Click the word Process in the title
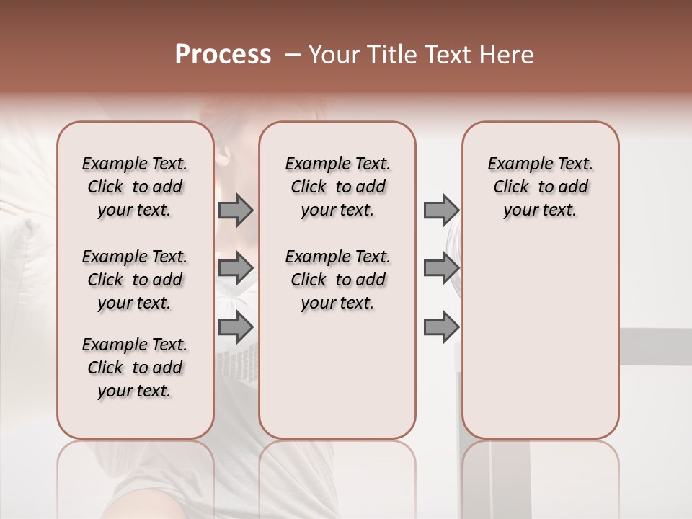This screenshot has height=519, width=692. [223, 54]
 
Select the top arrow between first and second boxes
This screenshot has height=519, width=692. [236, 210]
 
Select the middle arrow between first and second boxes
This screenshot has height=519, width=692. [236, 268]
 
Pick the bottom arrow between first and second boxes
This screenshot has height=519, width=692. [236, 327]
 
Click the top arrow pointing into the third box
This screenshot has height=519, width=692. [441, 210]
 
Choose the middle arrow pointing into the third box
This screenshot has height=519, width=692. [441, 268]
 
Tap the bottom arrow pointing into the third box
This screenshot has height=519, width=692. [441, 327]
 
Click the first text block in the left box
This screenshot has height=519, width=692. [135, 187]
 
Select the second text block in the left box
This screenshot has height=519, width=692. [135, 280]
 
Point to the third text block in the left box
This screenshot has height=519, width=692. [135, 368]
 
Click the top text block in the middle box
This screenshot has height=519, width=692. [337, 187]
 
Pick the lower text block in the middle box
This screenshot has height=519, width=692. [337, 280]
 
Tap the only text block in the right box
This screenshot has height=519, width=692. [540, 187]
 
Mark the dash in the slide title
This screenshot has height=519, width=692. [293, 54]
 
